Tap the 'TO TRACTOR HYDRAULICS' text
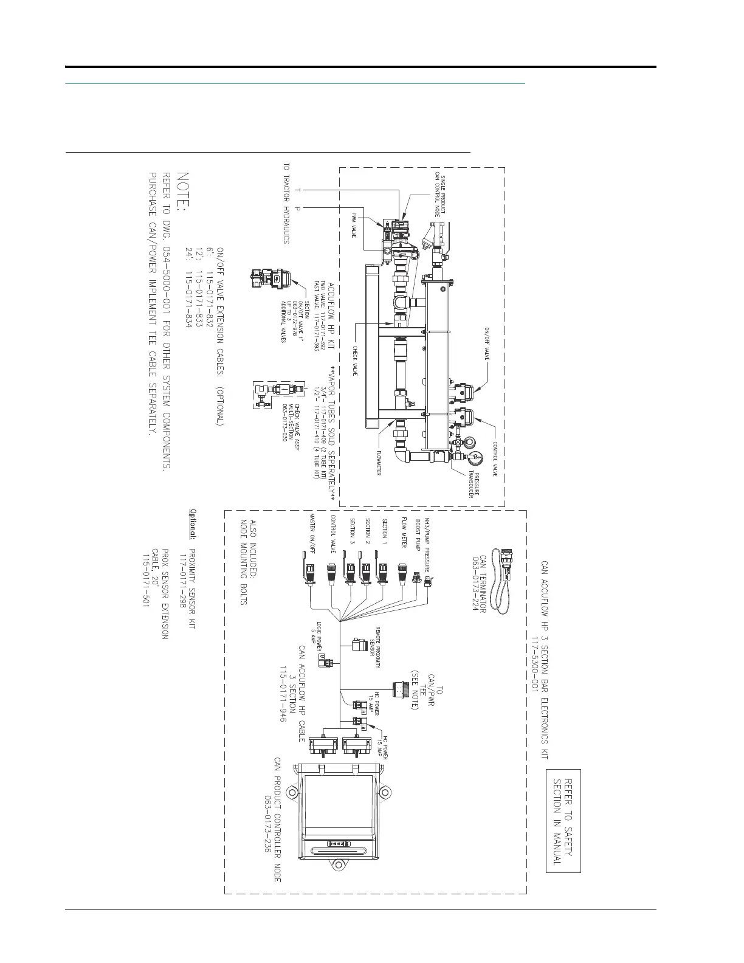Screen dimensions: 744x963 286,203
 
